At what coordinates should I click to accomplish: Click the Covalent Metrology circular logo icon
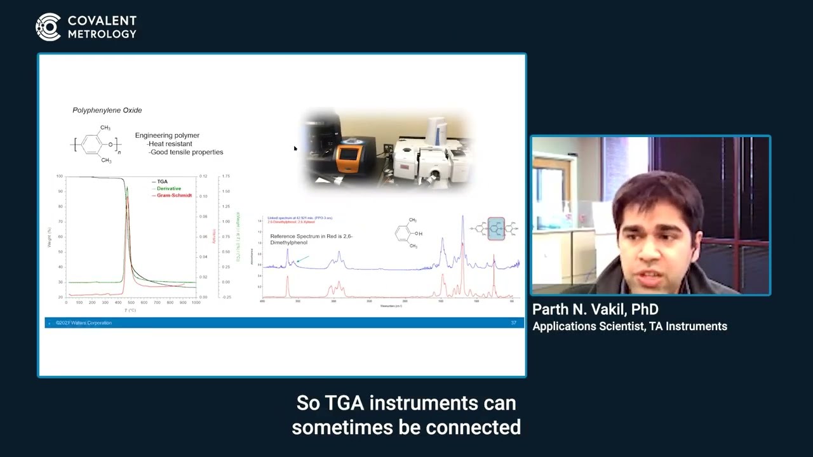48,27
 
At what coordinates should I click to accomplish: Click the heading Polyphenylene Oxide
107,110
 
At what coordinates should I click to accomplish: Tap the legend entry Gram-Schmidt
173,195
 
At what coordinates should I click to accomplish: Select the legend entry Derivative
168,189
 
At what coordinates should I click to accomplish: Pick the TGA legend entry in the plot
162,182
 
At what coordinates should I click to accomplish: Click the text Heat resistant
170,144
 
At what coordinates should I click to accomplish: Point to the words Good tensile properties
185,152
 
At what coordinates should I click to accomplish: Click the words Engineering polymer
167,135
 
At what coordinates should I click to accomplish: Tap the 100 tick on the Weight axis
60,176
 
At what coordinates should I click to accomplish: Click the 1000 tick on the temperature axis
196,303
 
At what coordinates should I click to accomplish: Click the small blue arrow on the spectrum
302,259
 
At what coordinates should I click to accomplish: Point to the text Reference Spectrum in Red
311,236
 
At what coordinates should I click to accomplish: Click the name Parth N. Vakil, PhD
595,310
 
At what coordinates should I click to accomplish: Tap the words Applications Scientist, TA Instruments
629,326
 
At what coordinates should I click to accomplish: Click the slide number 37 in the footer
513,323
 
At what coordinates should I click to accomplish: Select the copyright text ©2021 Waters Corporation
83,323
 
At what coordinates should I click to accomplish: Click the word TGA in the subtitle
345,403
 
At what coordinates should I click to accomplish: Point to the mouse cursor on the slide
295,149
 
